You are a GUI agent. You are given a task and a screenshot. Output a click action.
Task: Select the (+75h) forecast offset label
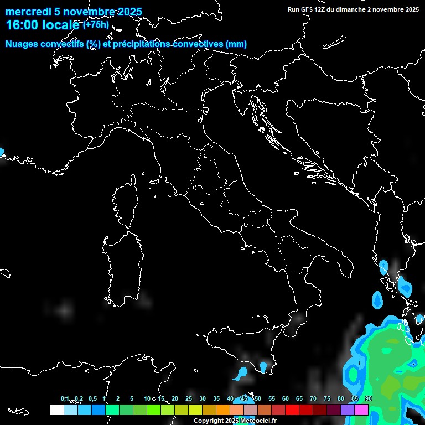pos(96,24)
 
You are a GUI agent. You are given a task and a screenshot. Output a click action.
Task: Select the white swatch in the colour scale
pos(56,410)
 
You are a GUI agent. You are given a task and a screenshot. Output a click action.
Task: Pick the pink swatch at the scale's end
pos(361,410)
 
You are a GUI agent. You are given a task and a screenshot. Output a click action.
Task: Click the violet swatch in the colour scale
pos(348,410)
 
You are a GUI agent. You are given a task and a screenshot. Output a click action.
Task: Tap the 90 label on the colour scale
pos(369,399)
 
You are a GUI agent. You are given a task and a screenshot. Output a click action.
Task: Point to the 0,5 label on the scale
pos(92,399)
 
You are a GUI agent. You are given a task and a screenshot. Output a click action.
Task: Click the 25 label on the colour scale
pos(189,399)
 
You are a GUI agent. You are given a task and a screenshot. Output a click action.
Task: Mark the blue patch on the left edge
pos(2,151)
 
